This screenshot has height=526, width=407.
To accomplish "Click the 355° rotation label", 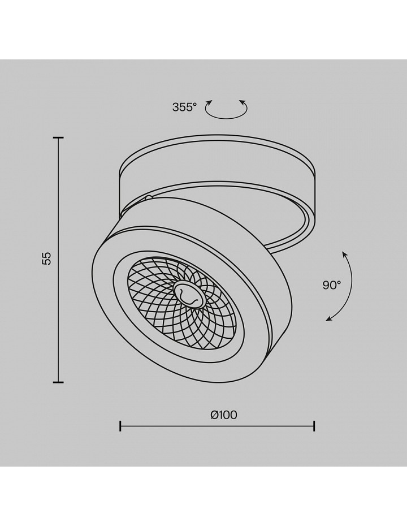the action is pyautogui.click(x=184, y=107).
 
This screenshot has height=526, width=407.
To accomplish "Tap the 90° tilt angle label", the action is pyautogui.click(x=332, y=285).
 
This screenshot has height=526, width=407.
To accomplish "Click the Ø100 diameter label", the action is pyautogui.click(x=224, y=415).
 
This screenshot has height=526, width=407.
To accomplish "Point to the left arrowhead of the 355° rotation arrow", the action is pyautogui.click(x=209, y=102).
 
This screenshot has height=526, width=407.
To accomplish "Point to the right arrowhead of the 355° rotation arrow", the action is pyautogui.click(x=243, y=102).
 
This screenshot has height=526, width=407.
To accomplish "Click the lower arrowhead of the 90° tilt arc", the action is pyautogui.click(x=329, y=318).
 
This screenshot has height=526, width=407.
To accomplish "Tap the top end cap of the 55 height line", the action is pyautogui.click(x=59, y=137).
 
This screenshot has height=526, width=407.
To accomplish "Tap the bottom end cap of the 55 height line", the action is pyautogui.click(x=59, y=382).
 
